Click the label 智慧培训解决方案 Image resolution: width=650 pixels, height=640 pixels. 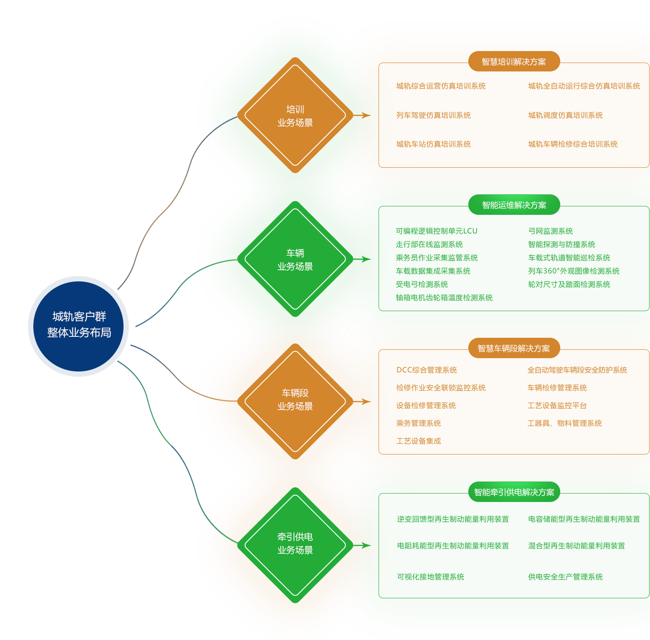(514, 62)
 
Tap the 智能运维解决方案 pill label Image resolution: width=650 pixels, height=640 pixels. (514, 205)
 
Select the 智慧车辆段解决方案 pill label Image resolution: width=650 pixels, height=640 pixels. (514, 348)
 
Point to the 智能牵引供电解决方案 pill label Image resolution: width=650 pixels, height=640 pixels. (514, 492)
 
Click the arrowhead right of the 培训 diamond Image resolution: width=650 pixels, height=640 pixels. (367, 115)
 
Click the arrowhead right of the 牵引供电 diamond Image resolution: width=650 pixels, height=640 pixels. (367, 545)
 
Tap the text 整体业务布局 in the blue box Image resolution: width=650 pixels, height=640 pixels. (79, 332)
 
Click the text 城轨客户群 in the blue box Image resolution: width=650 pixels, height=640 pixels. (79, 316)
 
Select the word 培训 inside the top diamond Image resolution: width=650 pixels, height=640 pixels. (295, 109)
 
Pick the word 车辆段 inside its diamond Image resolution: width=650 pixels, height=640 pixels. (295, 393)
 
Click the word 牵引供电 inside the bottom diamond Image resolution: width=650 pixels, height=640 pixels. (295, 537)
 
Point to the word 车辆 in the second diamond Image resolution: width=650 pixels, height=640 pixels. (295, 253)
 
